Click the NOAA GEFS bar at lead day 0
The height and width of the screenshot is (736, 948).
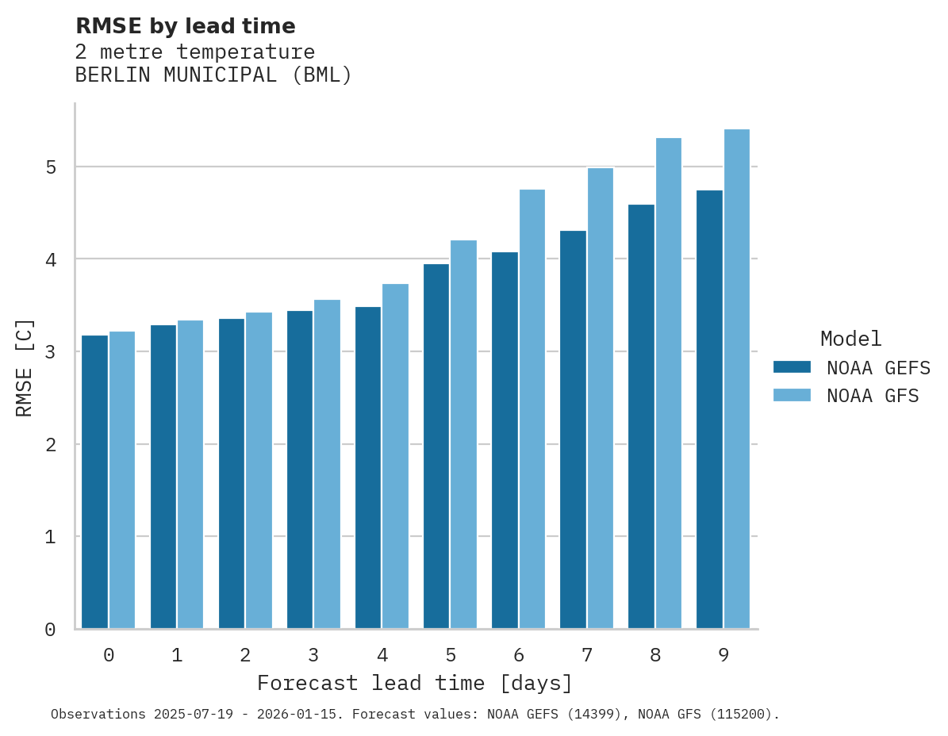[95, 482]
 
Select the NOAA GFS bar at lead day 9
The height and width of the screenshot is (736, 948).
[737, 379]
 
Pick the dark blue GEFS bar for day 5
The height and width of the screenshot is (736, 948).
[436, 447]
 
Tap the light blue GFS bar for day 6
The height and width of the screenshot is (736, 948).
[532, 409]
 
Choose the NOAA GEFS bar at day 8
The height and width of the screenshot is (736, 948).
[641, 417]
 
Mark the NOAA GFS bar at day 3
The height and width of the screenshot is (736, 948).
[327, 464]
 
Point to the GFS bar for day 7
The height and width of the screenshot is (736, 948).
[601, 398]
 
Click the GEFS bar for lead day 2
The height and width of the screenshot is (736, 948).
[232, 473]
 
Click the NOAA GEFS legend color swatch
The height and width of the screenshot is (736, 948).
[792, 367]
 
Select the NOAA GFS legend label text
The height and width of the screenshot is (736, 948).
[873, 396]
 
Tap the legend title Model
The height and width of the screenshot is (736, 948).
[850, 339]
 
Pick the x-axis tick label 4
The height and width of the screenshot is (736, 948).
[382, 656]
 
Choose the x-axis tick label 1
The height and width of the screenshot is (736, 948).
[177, 656]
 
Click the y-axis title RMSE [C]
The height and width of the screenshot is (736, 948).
[25, 367]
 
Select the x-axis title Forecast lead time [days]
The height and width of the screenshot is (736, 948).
[414, 684]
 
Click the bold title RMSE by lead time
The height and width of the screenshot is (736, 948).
[185, 26]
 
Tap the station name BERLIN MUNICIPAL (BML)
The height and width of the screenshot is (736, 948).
[213, 75]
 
